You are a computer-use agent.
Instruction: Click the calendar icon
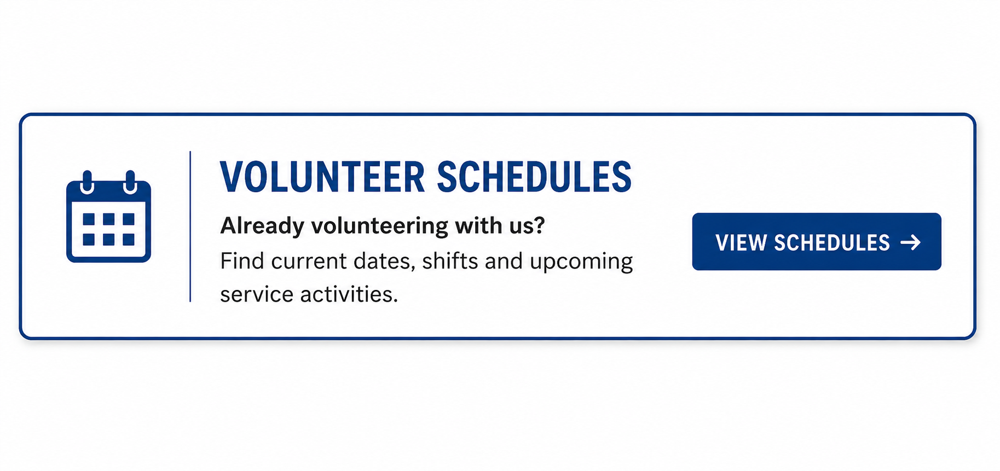pos(108,217)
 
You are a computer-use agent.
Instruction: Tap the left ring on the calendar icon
pos(87,182)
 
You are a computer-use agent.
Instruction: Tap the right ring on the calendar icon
pos(130,182)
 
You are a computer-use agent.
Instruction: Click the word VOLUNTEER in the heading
pos(322,177)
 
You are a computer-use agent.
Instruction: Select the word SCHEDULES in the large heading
pos(534,177)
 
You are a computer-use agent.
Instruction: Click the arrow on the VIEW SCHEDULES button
pos(911,242)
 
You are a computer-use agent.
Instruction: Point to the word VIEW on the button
pos(741,243)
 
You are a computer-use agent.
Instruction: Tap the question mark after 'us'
pos(540,225)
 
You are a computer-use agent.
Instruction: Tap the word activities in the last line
pos(349,294)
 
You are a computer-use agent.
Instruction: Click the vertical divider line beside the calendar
pos(190,226)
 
